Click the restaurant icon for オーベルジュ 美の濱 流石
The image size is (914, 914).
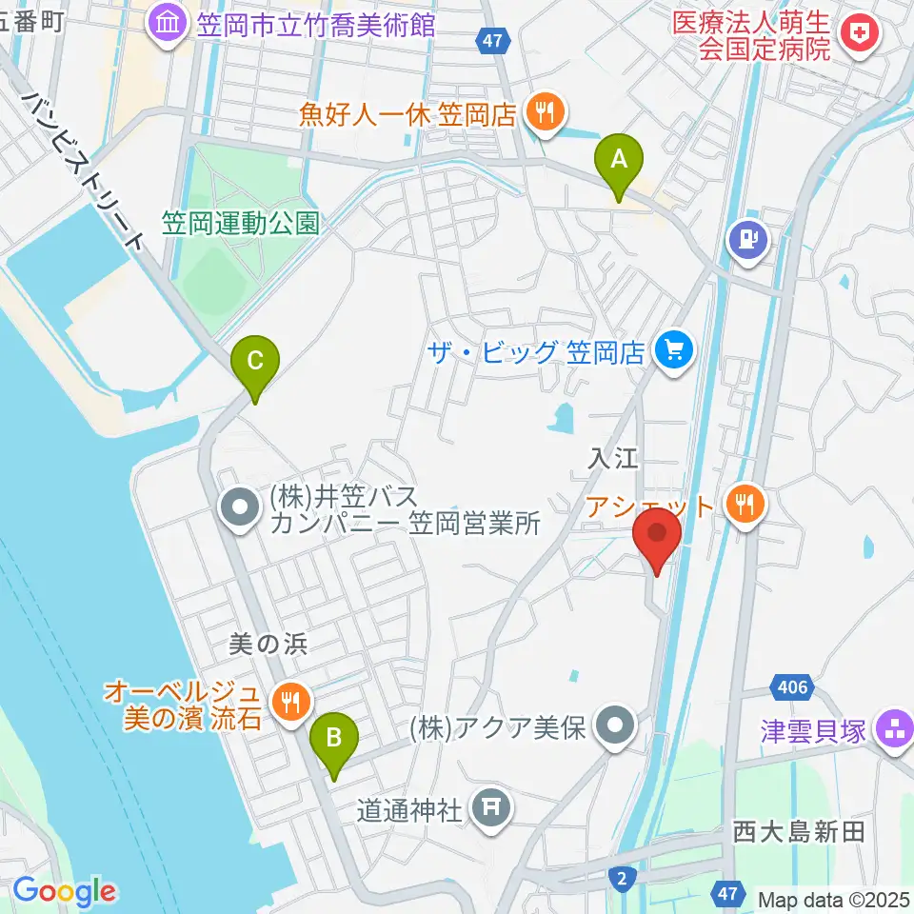coord(288,703)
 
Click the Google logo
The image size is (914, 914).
coord(64,892)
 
